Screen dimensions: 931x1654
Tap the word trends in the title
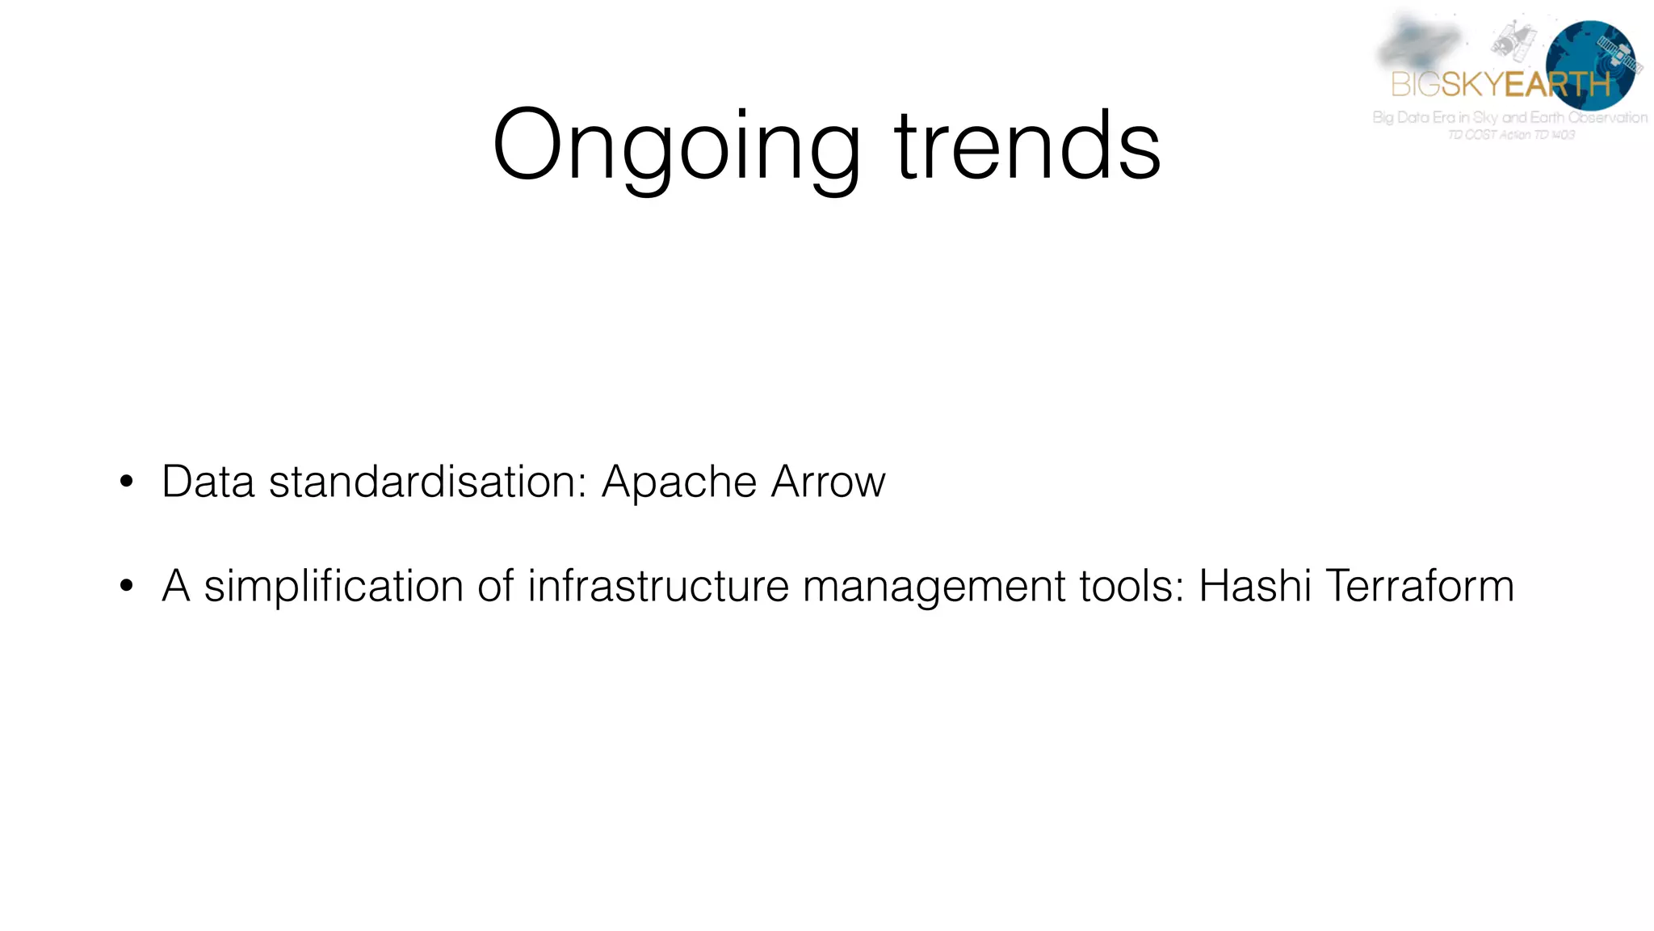pyautogui.click(x=1027, y=147)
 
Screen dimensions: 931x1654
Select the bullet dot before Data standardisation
pyautogui.click(x=126, y=482)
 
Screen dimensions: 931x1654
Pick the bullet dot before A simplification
pyautogui.click(x=126, y=586)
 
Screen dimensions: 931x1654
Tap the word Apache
pyautogui.click(x=679, y=483)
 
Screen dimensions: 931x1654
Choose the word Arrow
pyautogui.click(x=829, y=482)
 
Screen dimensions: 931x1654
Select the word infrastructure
pyautogui.click(x=658, y=586)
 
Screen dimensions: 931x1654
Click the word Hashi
pyautogui.click(x=1254, y=586)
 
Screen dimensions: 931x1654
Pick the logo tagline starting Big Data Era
pyautogui.click(x=1509, y=117)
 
